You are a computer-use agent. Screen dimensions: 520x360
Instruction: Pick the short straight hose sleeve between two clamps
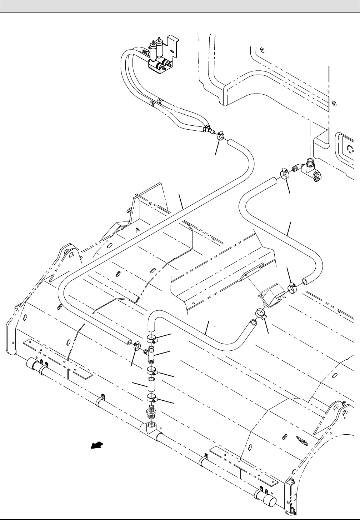151,386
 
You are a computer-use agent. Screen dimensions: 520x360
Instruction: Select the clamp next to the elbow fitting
285,174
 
